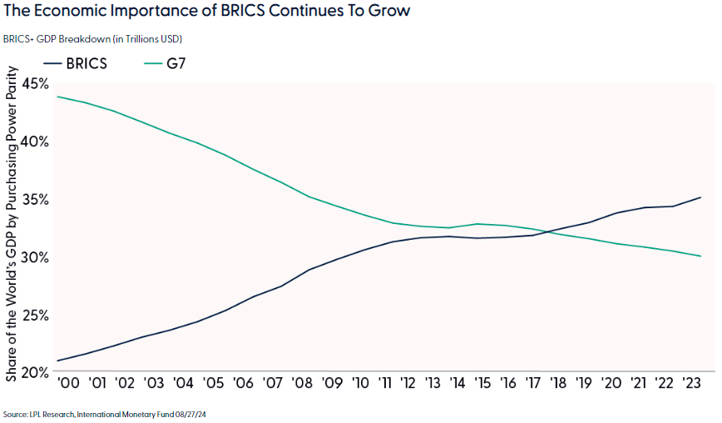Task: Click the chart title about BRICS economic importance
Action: [207, 13]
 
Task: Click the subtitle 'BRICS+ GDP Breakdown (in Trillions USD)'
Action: [92, 39]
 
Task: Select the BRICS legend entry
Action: [74, 62]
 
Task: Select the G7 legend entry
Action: [164, 62]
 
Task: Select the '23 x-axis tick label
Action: [690, 384]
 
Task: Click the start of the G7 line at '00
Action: [57, 97]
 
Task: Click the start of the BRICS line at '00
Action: [57, 361]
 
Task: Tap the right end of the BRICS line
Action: [701, 197]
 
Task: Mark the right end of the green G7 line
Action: [701, 256]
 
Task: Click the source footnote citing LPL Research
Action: [104, 414]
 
